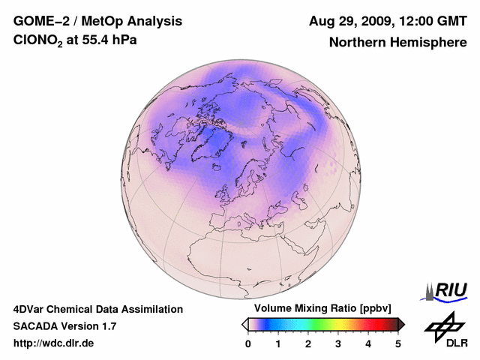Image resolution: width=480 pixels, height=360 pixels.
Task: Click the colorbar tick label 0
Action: click(248, 343)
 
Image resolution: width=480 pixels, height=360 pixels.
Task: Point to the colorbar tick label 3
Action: click(338, 343)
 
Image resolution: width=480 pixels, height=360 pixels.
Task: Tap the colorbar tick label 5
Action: click(398, 343)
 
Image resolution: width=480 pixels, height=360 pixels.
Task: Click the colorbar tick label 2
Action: click(308, 343)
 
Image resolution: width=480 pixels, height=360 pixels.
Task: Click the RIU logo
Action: click(449, 290)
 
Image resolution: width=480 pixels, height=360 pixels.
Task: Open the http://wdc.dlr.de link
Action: click(54, 343)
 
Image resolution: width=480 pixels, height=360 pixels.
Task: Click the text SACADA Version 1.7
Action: click(64, 326)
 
